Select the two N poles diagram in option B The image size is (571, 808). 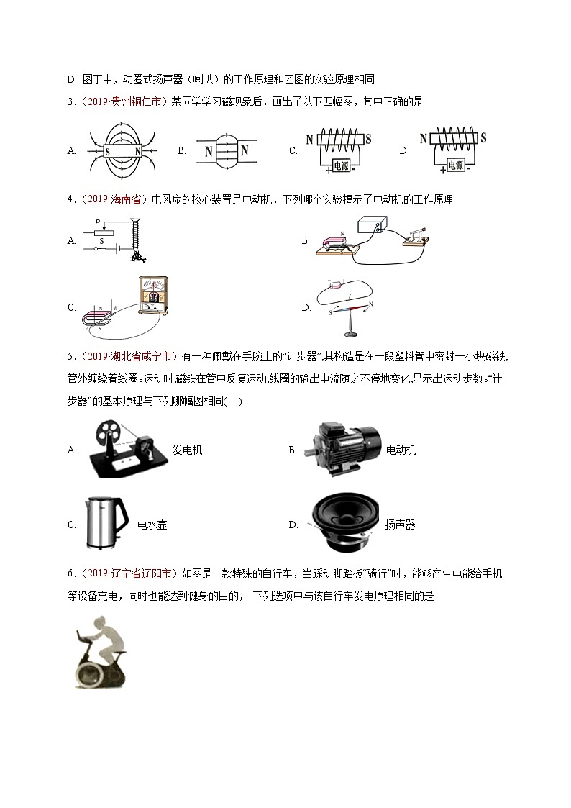[x=225, y=151]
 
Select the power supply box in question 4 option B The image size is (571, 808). [x=376, y=226]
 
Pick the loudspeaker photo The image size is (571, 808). [x=344, y=524]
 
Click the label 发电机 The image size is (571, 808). [x=188, y=450]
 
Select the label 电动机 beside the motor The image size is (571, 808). [x=401, y=450]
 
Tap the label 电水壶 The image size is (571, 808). [x=152, y=525]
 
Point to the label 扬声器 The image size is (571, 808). [x=400, y=525]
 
